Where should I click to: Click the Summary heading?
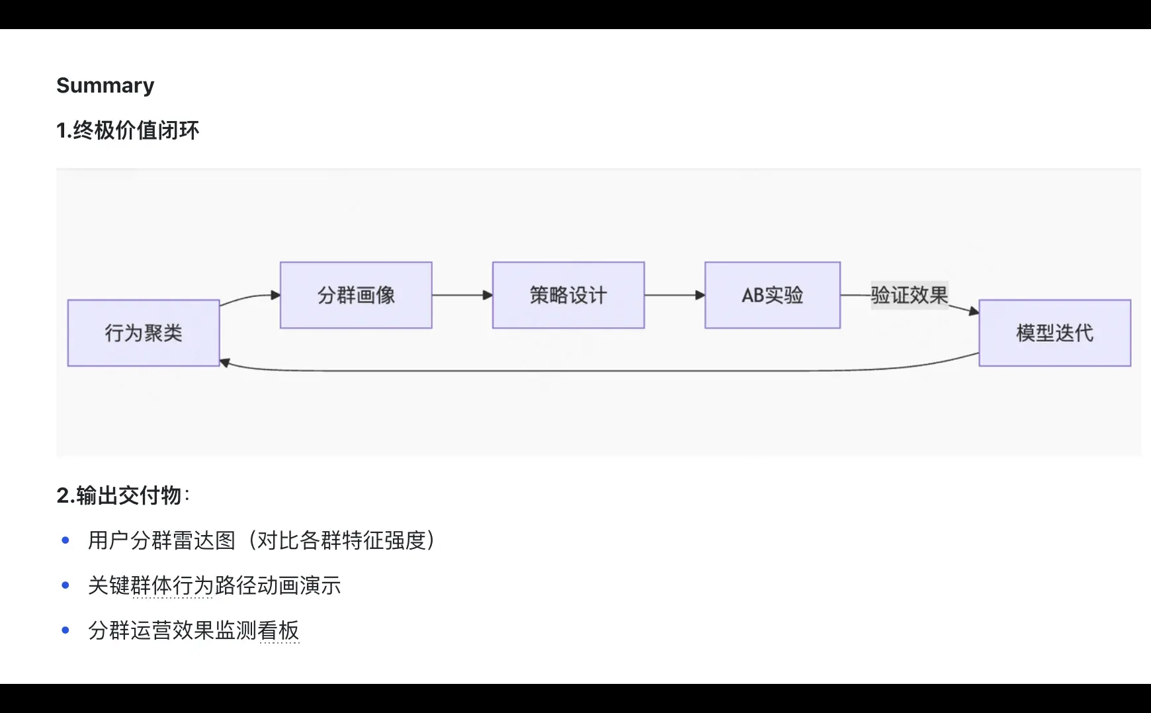click(x=105, y=85)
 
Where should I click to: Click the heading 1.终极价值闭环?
click(x=128, y=130)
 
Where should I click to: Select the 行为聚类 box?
click(x=144, y=333)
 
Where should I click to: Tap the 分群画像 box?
click(x=356, y=295)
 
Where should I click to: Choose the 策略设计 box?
click(x=568, y=295)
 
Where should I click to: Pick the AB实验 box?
click(x=773, y=295)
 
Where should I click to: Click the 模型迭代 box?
click(x=1054, y=333)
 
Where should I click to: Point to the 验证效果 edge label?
click(x=910, y=295)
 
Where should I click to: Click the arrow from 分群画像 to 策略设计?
click(x=462, y=295)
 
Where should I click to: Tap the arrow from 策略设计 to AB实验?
click(x=674, y=295)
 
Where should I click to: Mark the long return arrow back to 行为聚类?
click(x=595, y=370)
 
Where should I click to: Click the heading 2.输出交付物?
click(x=119, y=495)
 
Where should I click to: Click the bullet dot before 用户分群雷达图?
click(x=65, y=540)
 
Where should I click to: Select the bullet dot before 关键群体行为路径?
click(x=65, y=585)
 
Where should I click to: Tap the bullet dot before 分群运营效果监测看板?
click(x=65, y=630)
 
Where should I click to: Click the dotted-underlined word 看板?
click(x=278, y=630)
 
